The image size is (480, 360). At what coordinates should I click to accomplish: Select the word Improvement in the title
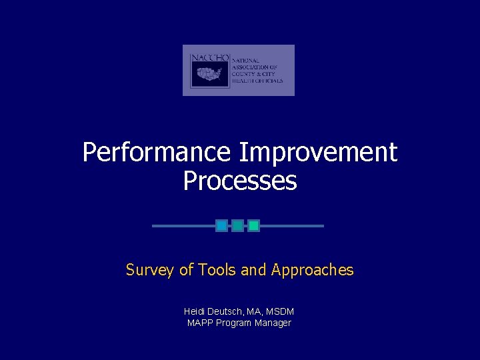point(318,153)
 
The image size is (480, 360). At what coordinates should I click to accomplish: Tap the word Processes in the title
point(240,181)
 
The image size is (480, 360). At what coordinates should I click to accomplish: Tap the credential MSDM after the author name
point(280,311)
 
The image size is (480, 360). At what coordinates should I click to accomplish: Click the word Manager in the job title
point(273,323)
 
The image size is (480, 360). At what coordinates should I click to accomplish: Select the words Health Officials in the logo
point(257,81)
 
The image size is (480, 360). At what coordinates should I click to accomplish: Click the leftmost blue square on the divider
point(221,226)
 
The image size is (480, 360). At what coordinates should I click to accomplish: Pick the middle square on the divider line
point(237,226)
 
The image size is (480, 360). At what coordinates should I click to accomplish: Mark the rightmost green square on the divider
point(253,226)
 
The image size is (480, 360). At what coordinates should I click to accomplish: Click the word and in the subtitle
point(253,270)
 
